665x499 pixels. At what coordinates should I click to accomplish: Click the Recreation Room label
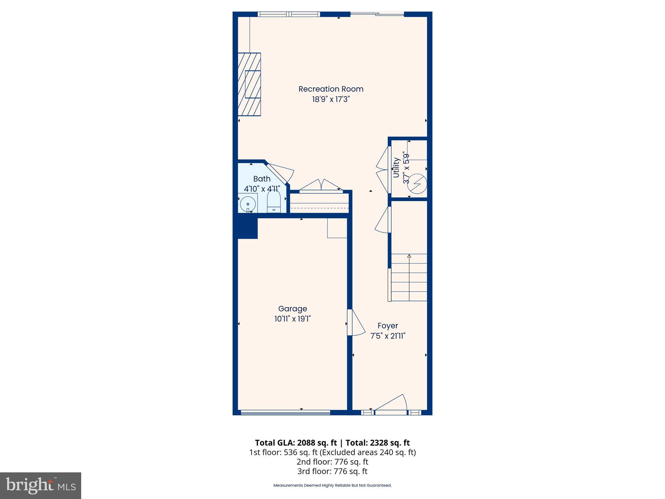coord(331,89)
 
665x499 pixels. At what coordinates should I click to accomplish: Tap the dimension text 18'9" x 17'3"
coord(331,99)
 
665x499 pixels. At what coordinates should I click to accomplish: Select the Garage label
coord(292,309)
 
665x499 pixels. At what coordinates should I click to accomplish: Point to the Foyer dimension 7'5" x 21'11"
coord(388,336)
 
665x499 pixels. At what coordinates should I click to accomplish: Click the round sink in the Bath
coord(248,204)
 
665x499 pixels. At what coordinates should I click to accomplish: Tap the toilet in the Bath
coord(274,202)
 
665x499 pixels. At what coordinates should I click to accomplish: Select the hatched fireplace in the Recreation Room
coord(249,84)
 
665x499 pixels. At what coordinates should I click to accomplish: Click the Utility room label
coord(396,168)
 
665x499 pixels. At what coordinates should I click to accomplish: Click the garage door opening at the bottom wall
coord(285,413)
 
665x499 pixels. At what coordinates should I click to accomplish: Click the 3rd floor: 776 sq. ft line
coord(332,471)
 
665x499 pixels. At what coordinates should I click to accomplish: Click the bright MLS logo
coord(41,485)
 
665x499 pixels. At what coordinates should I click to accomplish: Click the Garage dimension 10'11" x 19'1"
coord(292,319)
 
